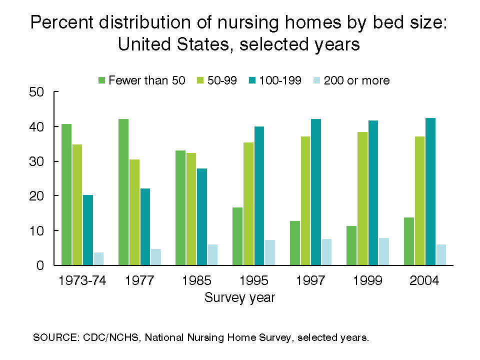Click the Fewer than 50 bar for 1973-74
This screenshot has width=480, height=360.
click(x=66, y=194)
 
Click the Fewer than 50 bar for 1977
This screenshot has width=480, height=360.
click(x=123, y=192)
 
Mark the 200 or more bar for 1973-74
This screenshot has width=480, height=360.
click(x=98, y=259)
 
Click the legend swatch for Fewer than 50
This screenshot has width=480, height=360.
click(x=102, y=80)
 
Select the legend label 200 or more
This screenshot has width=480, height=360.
click(x=356, y=80)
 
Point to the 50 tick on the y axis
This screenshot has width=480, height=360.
click(x=56, y=92)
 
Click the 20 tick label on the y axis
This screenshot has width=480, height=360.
click(x=39, y=196)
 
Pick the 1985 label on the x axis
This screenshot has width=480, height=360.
click(x=197, y=280)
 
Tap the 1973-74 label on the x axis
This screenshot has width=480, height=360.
click(x=82, y=280)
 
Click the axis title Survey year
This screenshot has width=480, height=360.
click(x=240, y=298)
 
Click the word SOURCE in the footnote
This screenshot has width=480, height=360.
click(x=54, y=337)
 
